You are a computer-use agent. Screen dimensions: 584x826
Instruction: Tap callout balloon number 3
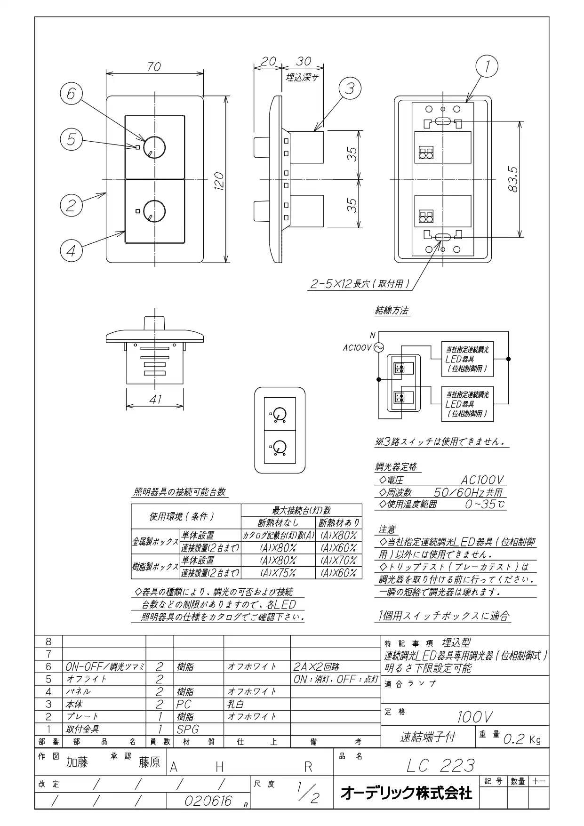click(350, 88)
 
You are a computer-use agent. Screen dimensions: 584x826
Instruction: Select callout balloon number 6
click(71, 94)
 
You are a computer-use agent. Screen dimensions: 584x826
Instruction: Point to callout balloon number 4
click(71, 251)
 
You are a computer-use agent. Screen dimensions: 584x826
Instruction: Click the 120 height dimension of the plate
click(219, 180)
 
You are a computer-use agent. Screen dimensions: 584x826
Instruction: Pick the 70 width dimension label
click(154, 67)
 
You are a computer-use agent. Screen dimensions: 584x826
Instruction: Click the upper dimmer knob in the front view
click(154, 147)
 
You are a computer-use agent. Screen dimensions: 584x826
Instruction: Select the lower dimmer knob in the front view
click(154, 210)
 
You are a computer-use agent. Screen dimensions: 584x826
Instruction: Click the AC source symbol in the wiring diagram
click(379, 348)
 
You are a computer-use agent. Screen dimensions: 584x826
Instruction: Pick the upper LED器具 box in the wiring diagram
click(467, 359)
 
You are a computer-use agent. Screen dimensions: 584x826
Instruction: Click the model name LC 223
click(441, 766)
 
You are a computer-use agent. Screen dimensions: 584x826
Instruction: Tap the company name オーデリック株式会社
click(406, 794)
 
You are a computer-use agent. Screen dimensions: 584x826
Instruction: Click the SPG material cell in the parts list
click(188, 729)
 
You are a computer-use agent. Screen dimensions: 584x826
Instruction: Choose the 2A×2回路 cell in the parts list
click(316, 667)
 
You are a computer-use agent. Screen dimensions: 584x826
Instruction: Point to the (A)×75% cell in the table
click(278, 573)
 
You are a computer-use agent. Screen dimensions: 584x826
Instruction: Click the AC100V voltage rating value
click(483, 480)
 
